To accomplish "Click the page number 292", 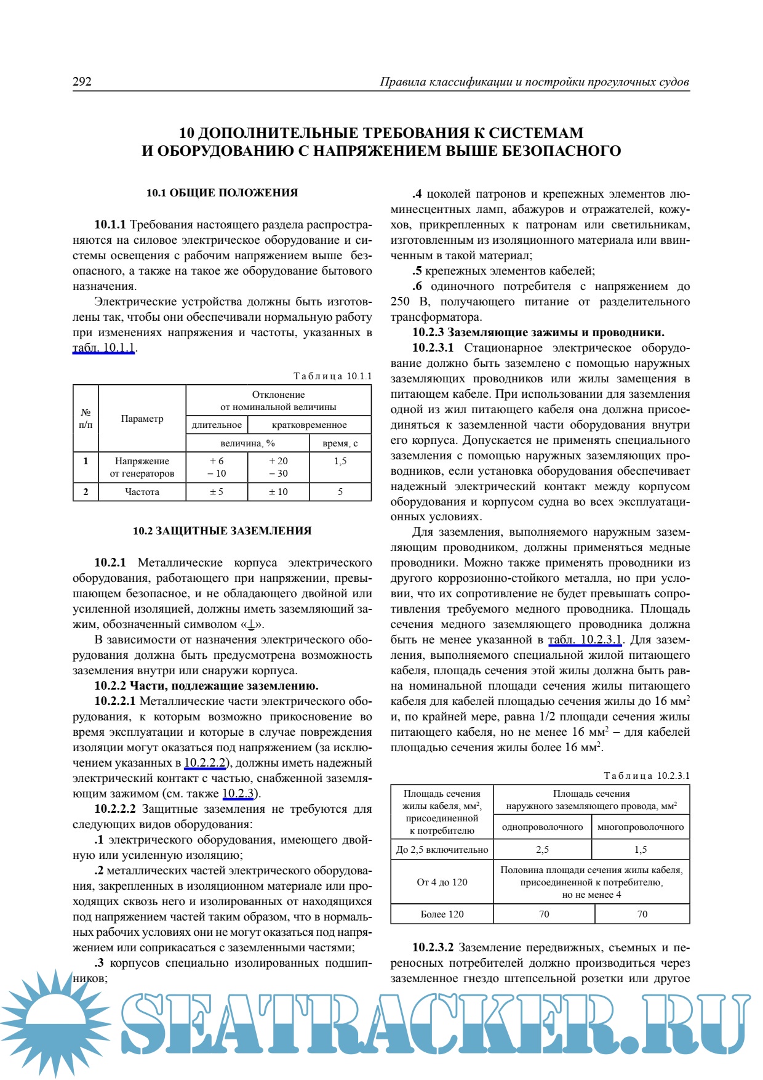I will coord(82,82).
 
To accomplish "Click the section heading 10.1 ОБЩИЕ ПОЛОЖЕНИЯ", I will coord(222,193).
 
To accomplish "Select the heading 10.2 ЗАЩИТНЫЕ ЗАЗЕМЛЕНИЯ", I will coord(222,531).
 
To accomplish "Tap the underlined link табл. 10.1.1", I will coord(103,348).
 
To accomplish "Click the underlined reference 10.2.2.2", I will coord(206,763).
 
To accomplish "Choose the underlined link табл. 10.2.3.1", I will coord(585,640).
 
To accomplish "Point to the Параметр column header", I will coord(142,419).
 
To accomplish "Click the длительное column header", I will coord(217,425).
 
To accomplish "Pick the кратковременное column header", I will coord(309,425).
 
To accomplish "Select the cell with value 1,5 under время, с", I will coord(340,461).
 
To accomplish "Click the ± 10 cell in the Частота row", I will coord(278,492).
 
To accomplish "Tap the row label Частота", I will coord(142,492).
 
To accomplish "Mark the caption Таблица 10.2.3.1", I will coord(647,776).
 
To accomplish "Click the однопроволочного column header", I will coord(542,827).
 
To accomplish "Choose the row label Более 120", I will coord(442,914).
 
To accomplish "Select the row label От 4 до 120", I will coord(442,882).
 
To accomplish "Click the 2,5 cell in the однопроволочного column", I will coord(542,850).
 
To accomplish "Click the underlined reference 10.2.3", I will coord(238,794).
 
